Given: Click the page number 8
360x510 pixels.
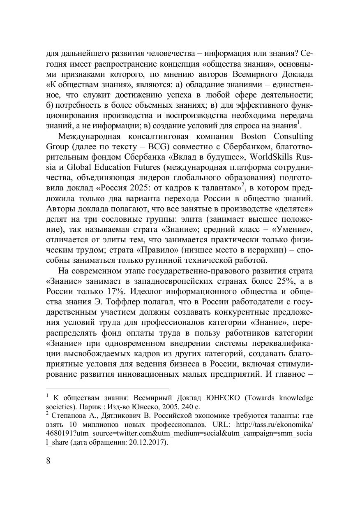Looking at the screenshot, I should pyautogui.click(x=48, y=460).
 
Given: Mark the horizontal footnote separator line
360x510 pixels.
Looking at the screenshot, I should pyautogui.click(x=107, y=388).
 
